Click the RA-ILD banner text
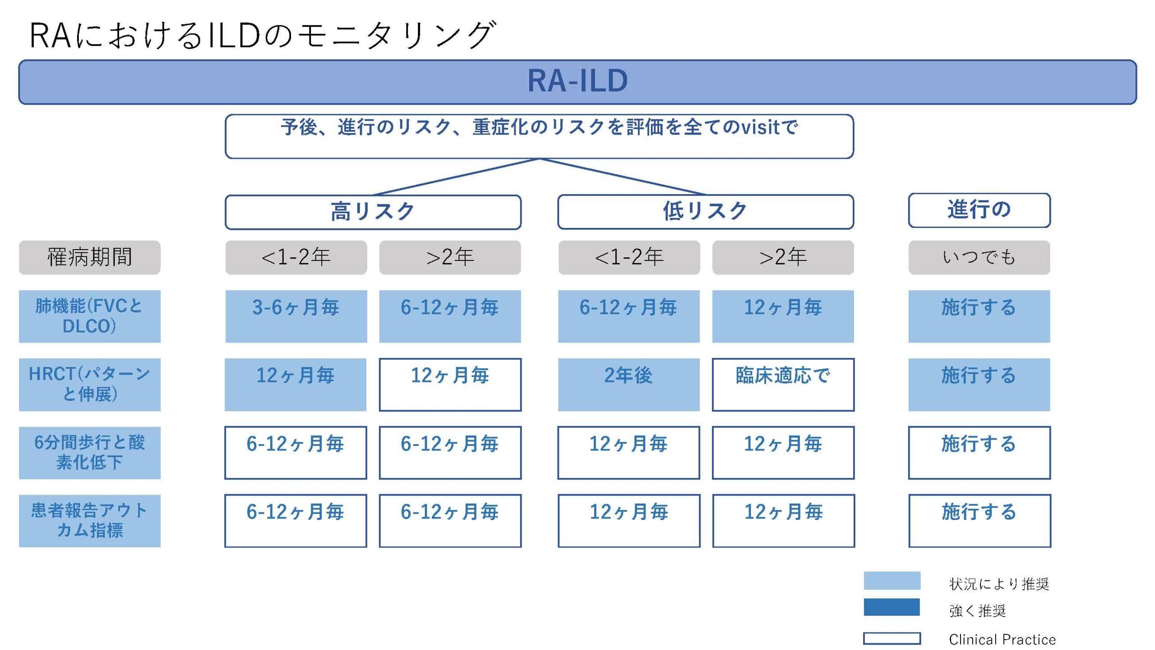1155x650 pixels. tap(577, 81)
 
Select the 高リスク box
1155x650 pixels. tap(373, 212)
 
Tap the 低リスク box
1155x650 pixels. tap(706, 212)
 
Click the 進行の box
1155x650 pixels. tap(979, 210)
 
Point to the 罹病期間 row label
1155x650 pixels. tap(90, 257)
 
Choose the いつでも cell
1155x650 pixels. tap(979, 257)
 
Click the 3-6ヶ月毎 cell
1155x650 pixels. tap(296, 316)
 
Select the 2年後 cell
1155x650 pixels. tap(628, 385)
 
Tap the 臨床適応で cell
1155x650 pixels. tap(783, 385)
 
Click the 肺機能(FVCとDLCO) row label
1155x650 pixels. tap(90, 316)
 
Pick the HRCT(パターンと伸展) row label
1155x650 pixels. tap(90, 385)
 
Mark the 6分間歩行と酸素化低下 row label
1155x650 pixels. tap(90, 453)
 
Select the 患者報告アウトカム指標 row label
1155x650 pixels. tap(90, 521)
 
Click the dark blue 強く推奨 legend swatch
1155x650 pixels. tap(892, 607)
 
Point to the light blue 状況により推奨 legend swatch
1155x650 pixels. tap(892, 580)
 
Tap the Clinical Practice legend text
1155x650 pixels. tap(1002, 639)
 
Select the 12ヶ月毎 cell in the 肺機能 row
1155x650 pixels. tap(783, 316)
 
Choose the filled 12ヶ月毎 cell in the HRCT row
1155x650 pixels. tap(296, 385)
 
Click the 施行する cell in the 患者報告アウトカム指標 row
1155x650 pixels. tap(979, 521)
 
